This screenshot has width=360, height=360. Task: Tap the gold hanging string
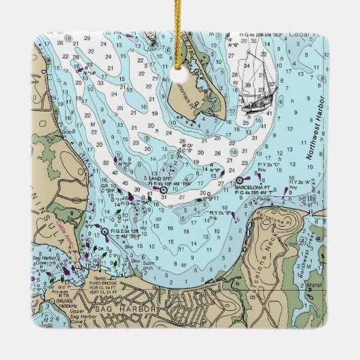[x=179, y=20]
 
